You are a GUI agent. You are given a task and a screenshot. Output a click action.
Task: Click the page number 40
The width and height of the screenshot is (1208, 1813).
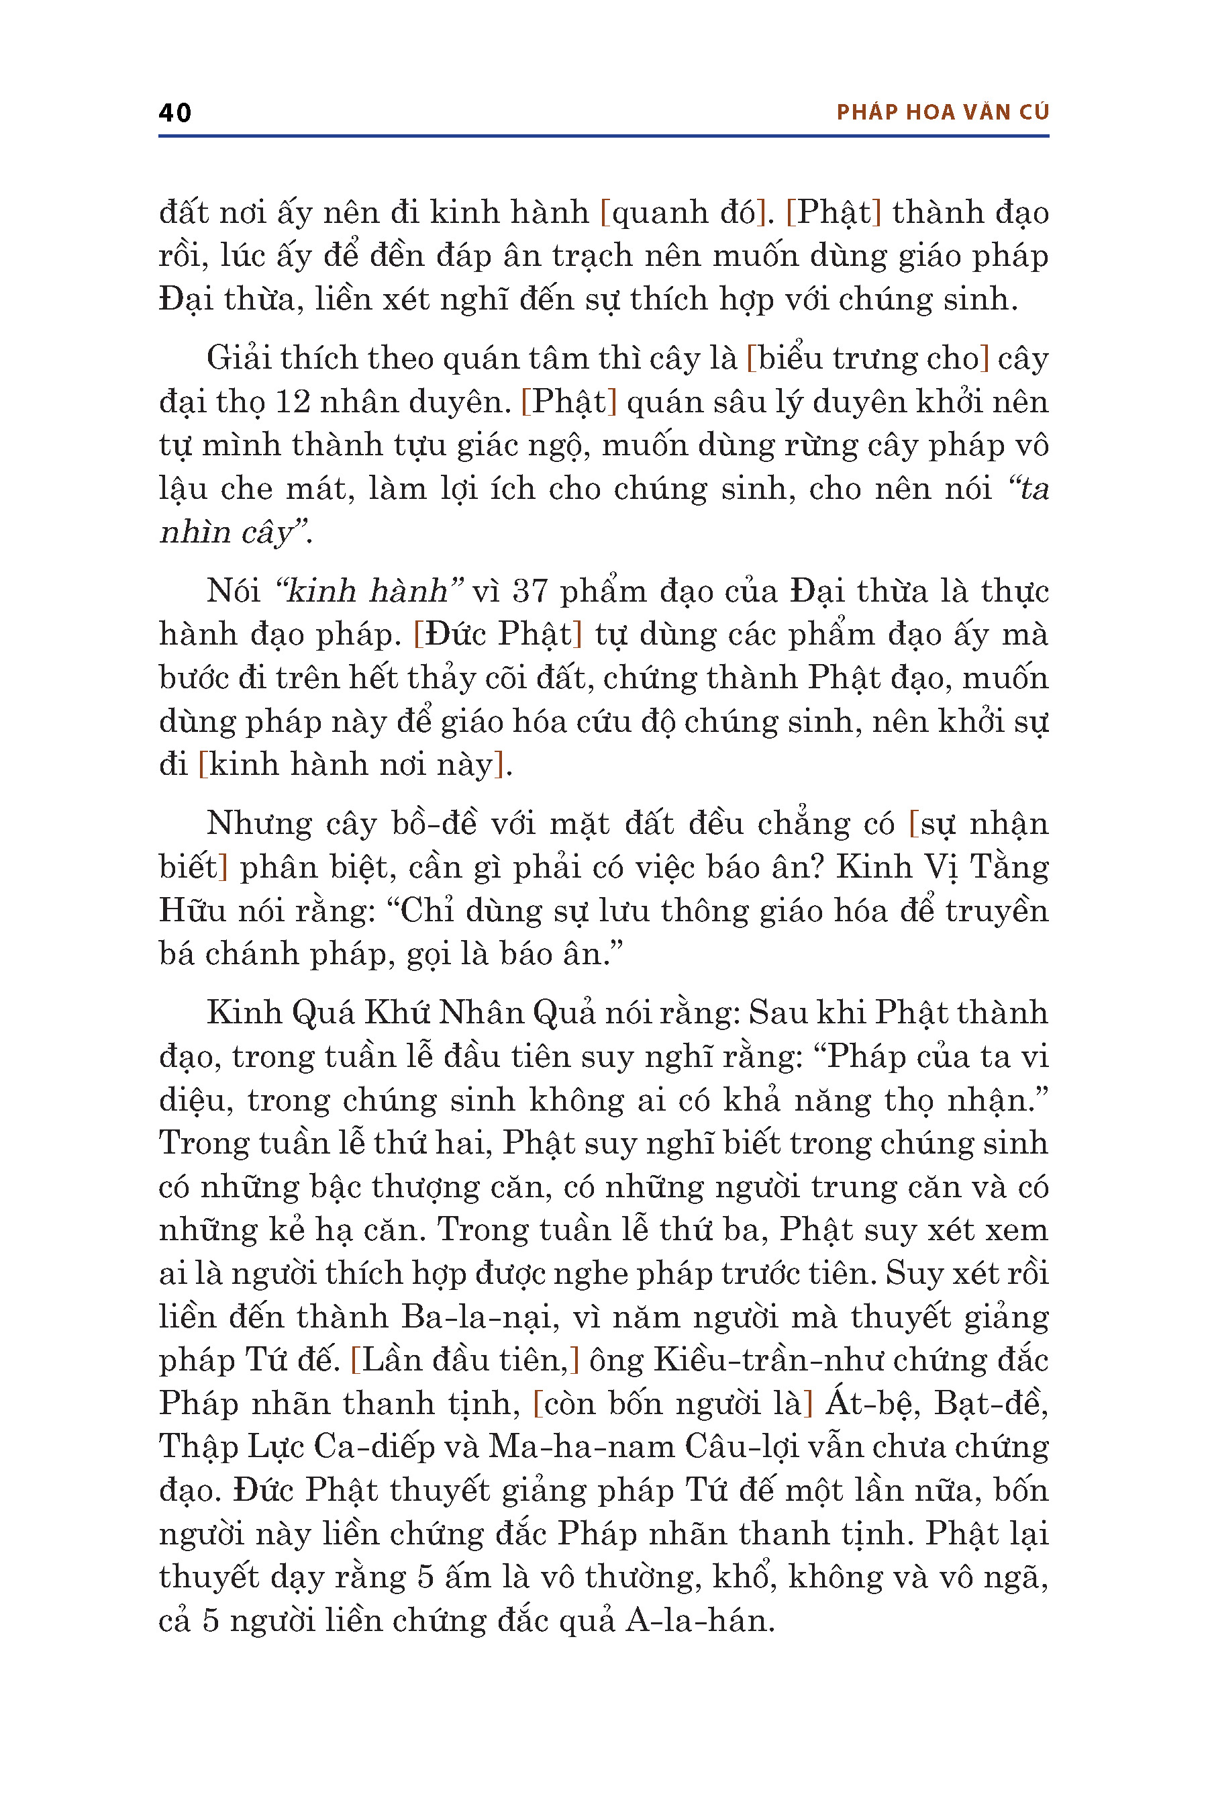tap(175, 113)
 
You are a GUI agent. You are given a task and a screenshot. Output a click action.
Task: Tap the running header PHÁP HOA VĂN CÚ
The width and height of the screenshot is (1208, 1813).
tap(942, 113)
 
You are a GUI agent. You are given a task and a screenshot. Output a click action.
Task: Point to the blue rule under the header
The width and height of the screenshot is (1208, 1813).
tap(603, 136)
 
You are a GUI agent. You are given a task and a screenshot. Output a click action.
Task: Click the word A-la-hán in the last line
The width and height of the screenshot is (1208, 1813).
tap(698, 1621)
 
